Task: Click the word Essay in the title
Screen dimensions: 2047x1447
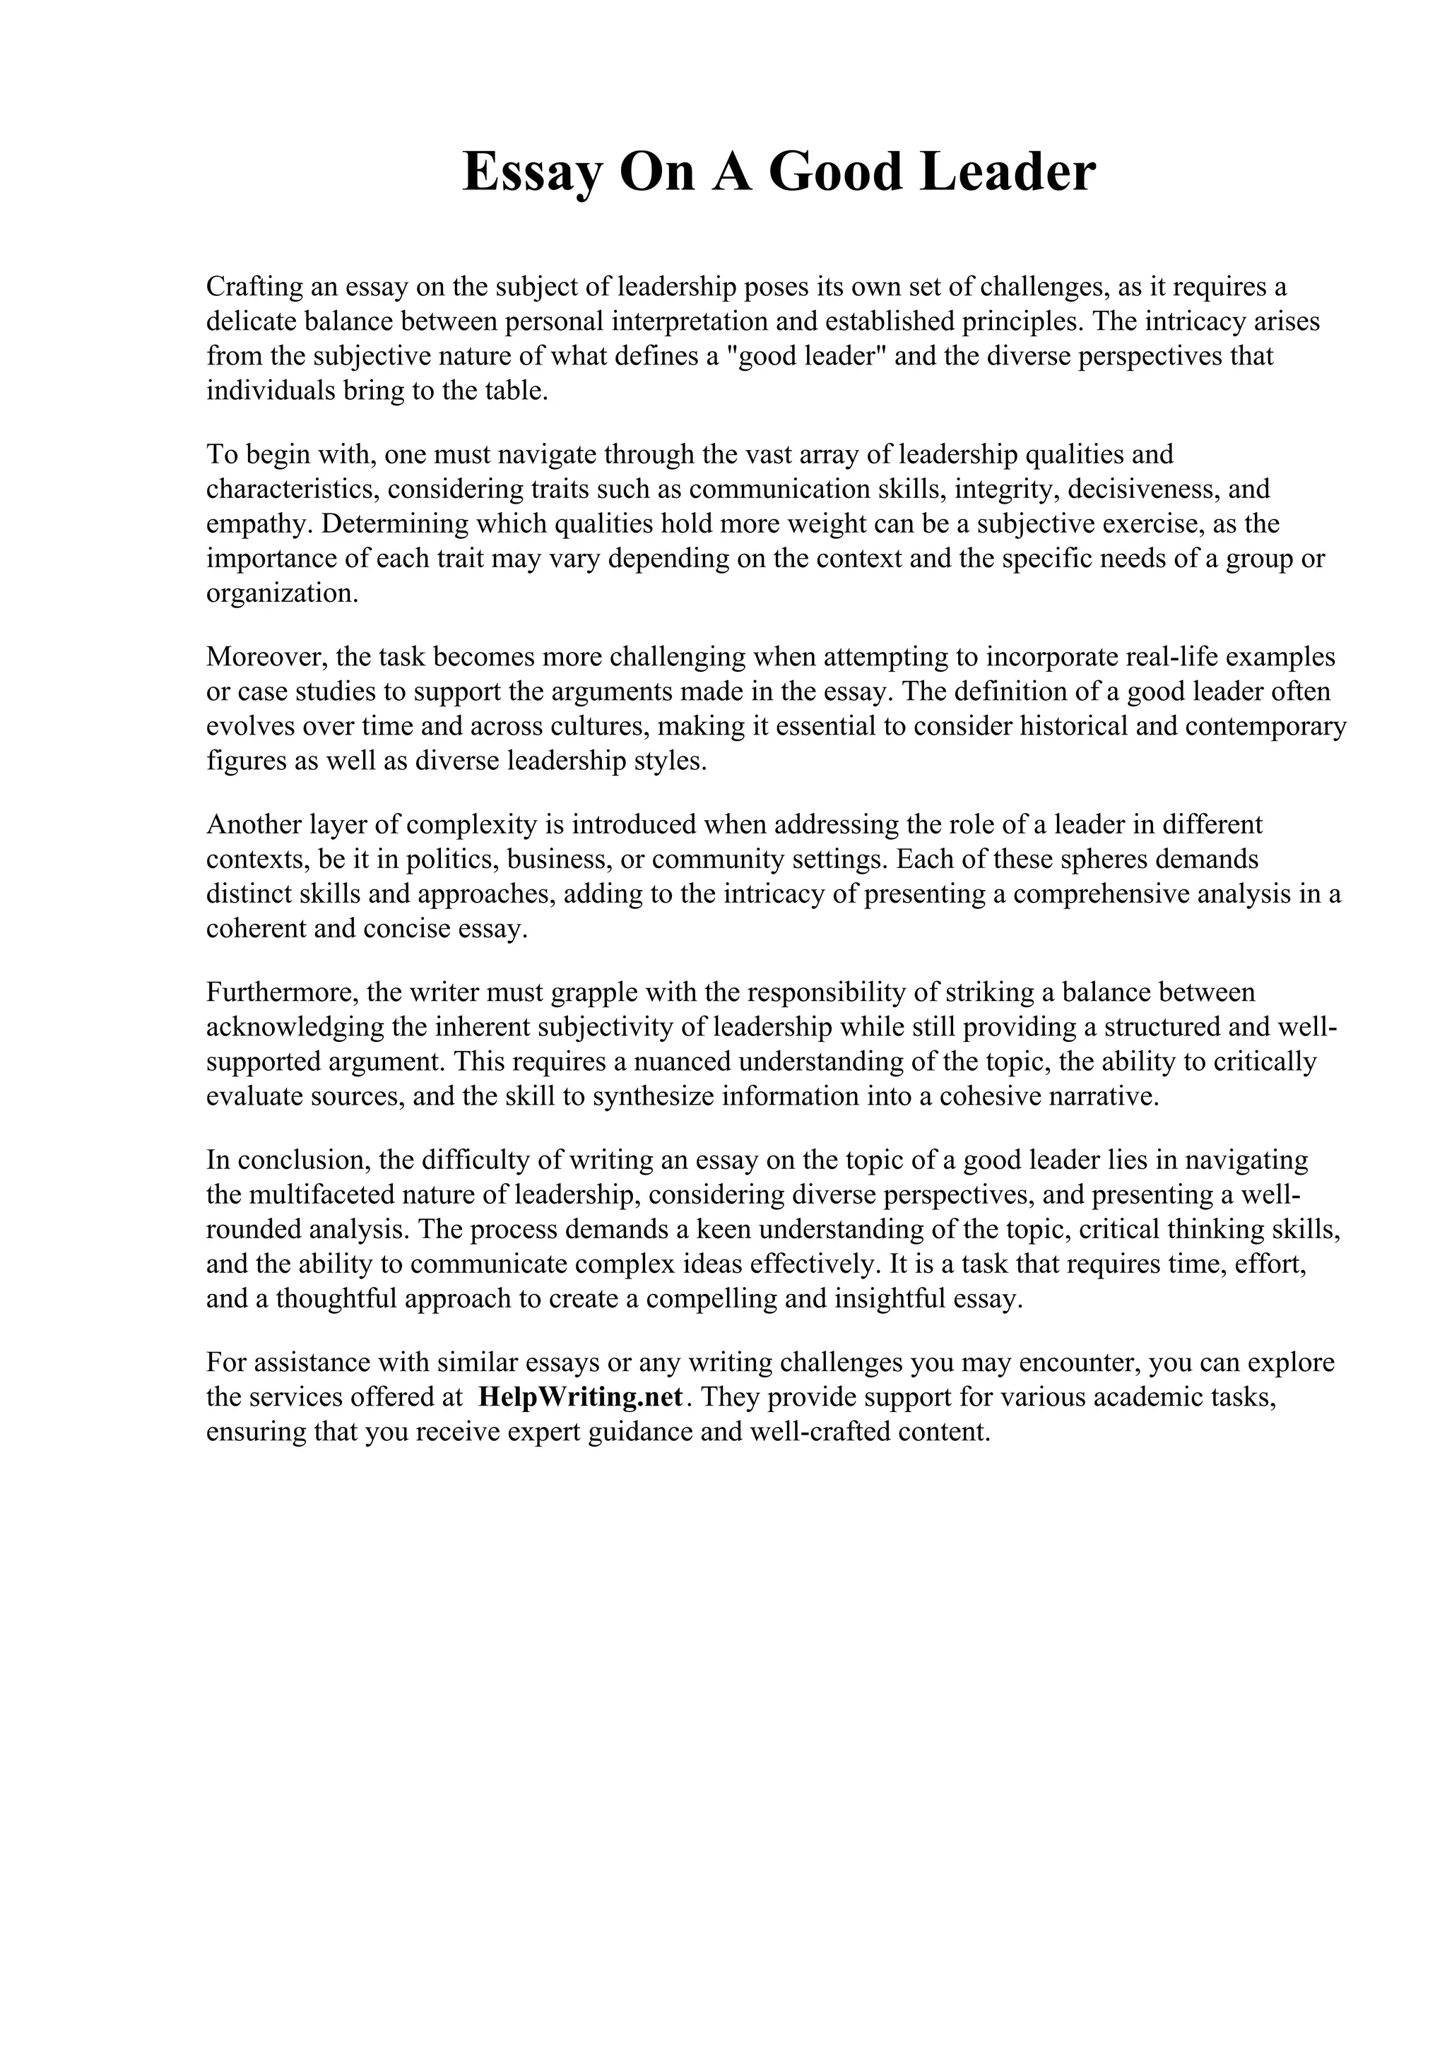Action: [531, 173]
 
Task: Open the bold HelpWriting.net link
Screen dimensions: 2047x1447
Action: [580, 1397]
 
